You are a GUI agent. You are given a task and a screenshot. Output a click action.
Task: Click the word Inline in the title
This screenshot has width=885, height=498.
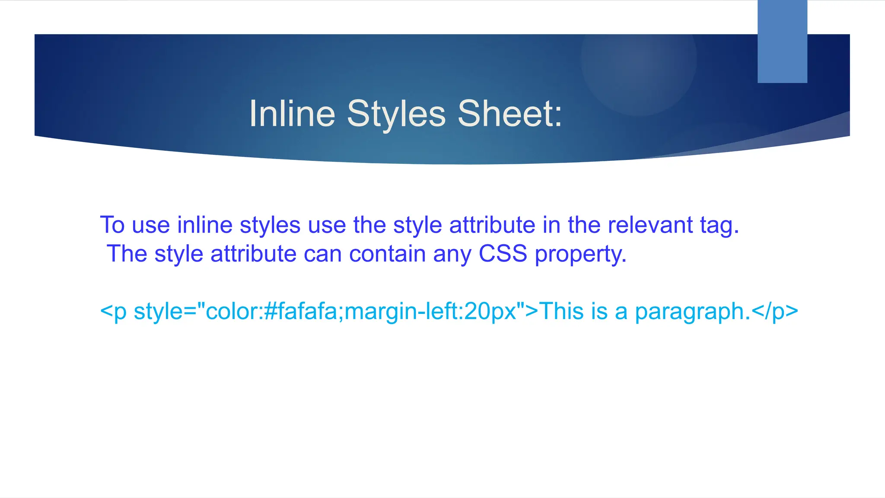292,114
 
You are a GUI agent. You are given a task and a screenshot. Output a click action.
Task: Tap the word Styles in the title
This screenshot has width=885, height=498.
396,114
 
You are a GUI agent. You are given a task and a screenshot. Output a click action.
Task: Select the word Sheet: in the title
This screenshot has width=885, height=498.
510,114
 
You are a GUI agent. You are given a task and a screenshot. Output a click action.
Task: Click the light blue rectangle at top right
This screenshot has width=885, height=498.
782,41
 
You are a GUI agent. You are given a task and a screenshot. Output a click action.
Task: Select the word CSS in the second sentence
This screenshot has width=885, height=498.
503,254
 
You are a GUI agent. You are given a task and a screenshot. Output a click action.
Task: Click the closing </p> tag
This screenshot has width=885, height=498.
775,312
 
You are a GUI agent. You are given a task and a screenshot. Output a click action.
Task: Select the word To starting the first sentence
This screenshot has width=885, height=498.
112,225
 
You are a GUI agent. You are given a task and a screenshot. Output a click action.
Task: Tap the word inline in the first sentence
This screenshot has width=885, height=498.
205,225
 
